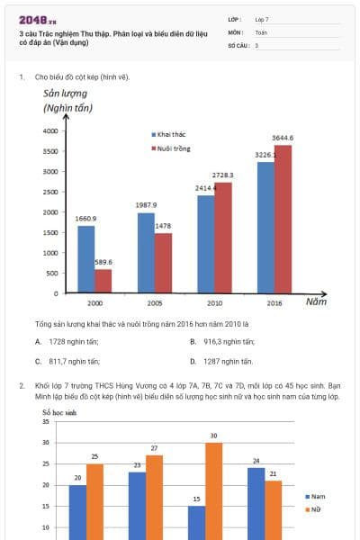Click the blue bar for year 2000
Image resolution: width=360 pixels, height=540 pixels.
86,259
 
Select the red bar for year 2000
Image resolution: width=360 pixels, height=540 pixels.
103,281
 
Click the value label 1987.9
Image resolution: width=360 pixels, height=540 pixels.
147,205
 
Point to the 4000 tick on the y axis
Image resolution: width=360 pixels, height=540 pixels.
50,131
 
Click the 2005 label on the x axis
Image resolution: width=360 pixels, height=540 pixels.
154,303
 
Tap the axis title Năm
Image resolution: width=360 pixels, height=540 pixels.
315,302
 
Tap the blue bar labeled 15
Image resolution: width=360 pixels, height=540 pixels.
196,522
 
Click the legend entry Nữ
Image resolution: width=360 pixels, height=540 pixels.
316,509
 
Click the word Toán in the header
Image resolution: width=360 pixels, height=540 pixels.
262,31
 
